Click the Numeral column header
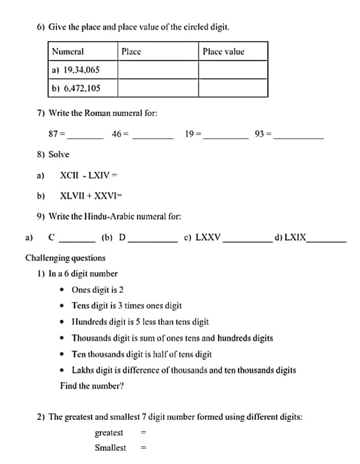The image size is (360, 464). tap(68, 51)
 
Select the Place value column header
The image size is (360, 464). tap(223, 51)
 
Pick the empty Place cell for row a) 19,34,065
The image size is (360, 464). tap(158, 70)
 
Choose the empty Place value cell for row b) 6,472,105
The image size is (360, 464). tap(232, 88)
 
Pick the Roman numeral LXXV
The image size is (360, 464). tap(208, 237)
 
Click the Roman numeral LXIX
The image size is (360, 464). tap(295, 237)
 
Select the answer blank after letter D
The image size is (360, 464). tap(153, 239)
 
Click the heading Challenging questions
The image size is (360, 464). tap(66, 258)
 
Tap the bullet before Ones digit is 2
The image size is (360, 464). tap(62, 290)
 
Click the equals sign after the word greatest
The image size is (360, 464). tap(143, 433)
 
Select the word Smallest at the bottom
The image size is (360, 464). tap(110, 448)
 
